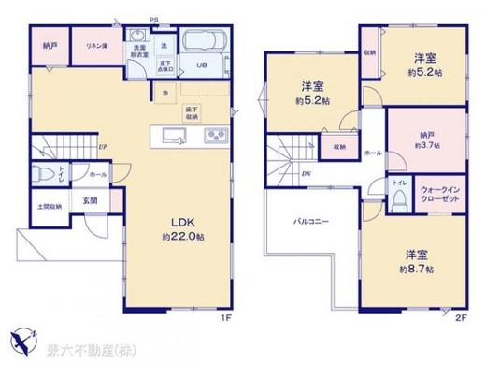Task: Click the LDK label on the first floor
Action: click(x=180, y=222)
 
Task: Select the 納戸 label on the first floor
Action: click(x=50, y=45)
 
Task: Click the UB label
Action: click(x=200, y=65)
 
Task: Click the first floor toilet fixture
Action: click(x=48, y=175)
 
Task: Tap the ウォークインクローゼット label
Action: click(x=437, y=193)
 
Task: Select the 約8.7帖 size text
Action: click(x=416, y=268)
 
